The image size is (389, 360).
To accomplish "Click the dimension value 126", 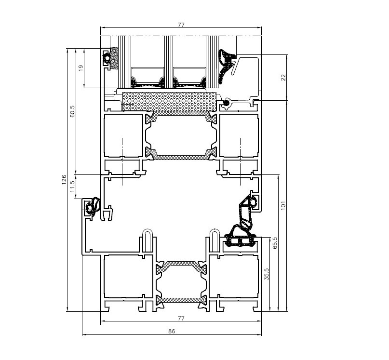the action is coord(64,180).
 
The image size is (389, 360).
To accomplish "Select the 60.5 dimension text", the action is coord(72,112).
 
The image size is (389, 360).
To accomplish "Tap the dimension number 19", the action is coord(80,68).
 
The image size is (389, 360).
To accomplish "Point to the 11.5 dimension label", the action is coord(72,187).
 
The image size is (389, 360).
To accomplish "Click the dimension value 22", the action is coord(283,78).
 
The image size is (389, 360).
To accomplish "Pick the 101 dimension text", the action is coord(283,205).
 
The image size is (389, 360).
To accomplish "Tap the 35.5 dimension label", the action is coord(267,274).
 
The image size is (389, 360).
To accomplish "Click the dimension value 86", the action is coord(172,331).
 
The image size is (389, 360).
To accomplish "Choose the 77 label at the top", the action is coord(181,25).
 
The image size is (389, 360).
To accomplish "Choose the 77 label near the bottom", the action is coord(181,318).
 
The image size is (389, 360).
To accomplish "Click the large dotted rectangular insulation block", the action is coord(170,102).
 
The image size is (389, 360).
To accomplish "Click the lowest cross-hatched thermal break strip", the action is coord(181,300).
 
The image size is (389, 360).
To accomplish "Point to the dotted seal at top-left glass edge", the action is coord(114,58).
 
